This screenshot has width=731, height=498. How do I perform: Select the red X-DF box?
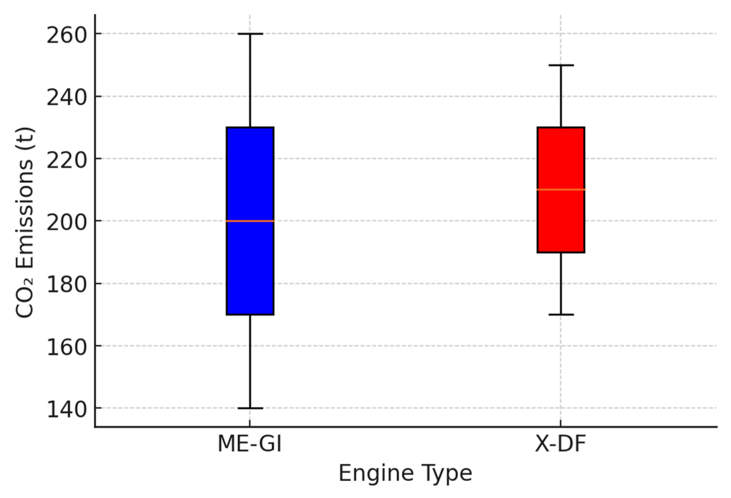pos(561,221)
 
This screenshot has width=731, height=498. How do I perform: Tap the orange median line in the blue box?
pos(250,221)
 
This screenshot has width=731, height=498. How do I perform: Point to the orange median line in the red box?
pos(561,189)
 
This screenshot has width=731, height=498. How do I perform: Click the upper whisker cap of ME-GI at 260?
pos(250,34)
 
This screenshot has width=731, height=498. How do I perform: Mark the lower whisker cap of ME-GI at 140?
pos(250,408)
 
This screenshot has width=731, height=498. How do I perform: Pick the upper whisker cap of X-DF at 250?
pos(561,65)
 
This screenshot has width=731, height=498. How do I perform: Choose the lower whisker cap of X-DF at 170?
pos(561,314)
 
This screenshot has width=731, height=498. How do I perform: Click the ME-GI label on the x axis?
pos(250,444)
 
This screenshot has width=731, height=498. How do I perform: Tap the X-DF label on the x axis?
pos(560,444)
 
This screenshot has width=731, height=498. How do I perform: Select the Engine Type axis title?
pos(405,473)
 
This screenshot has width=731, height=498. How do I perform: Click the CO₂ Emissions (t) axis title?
pos(25,223)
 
